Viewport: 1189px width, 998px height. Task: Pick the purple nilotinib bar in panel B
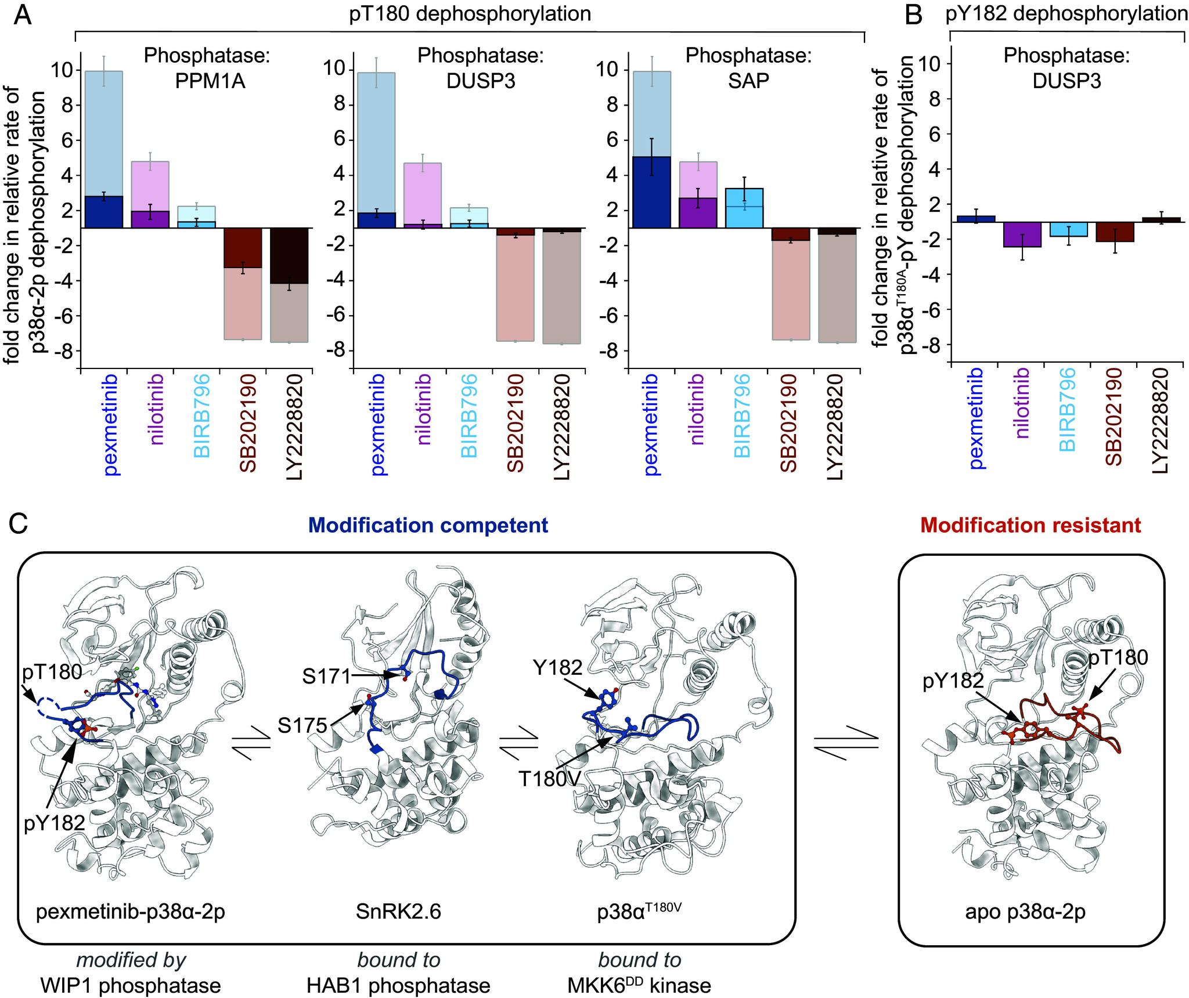(x=1019, y=234)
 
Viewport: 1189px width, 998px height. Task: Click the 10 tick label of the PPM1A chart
(x=64, y=70)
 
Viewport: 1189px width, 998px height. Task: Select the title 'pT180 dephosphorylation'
(x=470, y=13)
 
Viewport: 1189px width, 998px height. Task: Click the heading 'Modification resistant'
(x=1031, y=525)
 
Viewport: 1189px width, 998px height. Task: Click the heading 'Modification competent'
(x=428, y=525)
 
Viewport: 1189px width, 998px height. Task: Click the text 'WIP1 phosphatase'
(x=131, y=985)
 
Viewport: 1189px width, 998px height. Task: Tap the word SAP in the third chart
(x=748, y=81)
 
